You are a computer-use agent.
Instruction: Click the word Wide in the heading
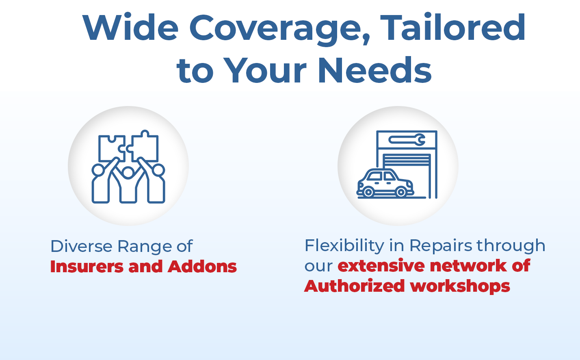(x=130, y=28)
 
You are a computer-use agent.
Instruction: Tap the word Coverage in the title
(x=280, y=30)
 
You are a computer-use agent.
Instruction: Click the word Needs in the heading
(x=374, y=70)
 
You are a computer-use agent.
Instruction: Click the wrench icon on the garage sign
(x=407, y=140)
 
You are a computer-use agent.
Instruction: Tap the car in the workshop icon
(x=385, y=183)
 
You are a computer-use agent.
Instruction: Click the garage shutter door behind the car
(x=407, y=160)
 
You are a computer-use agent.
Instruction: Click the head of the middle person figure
(x=128, y=173)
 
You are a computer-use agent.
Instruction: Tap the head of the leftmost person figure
(x=98, y=170)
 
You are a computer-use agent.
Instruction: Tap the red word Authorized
(x=355, y=286)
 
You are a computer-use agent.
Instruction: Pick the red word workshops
(x=460, y=287)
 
